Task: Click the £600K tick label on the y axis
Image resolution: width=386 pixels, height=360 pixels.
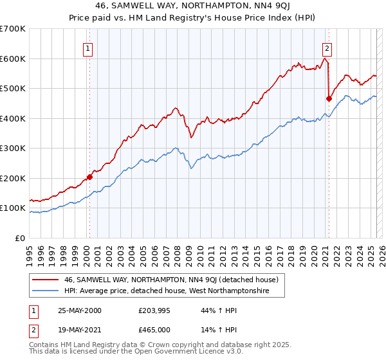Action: click(x=12, y=59)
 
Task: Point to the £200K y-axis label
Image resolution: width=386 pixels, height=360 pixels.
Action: click(x=12, y=178)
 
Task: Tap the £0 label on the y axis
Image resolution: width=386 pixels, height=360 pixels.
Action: click(x=20, y=238)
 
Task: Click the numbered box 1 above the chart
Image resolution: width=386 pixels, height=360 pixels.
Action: click(x=87, y=47)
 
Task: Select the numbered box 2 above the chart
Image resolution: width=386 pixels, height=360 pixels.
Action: click(x=327, y=47)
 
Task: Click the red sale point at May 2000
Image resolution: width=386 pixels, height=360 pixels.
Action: click(x=90, y=177)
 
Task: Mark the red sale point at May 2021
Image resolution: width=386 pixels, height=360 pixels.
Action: click(x=329, y=99)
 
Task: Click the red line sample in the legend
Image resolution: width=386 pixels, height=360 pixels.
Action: click(x=46, y=280)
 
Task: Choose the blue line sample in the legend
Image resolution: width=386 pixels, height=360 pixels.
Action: click(x=46, y=291)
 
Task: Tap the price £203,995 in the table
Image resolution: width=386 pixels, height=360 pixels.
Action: click(x=155, y=310)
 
